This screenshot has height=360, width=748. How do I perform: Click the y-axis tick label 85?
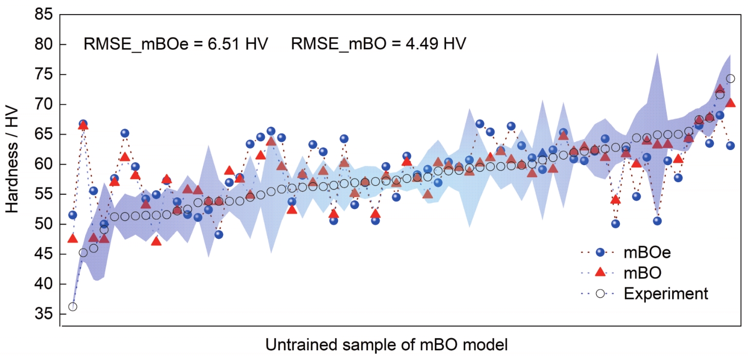tap(43, 15)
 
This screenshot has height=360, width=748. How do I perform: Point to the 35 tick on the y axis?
tap(43, 315)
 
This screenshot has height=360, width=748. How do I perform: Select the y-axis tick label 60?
tap(43, 165)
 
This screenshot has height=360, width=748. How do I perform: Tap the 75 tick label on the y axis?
tap(43, 75)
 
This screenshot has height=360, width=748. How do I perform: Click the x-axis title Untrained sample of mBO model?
tap(387, 345)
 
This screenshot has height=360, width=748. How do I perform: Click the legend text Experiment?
tap(666, 293)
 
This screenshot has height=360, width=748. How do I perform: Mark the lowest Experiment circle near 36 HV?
tap(73, 306)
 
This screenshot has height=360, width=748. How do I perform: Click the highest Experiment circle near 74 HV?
tap(730, 79)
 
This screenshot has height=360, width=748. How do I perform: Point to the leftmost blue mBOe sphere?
tap(73, 215)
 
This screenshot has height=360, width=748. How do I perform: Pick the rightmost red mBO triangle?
tap(730, 103)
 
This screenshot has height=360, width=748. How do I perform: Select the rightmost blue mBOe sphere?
tap(730, 145)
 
